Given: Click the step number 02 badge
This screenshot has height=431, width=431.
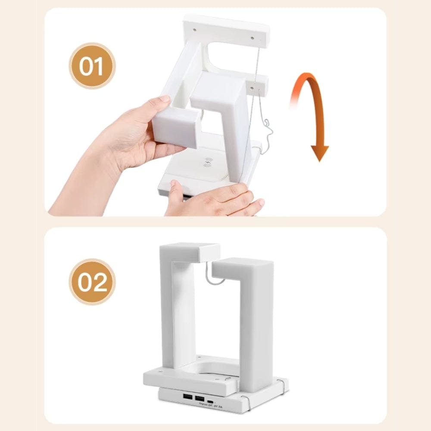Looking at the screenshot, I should click(92, 282).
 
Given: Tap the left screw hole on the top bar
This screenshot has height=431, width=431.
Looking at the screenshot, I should click(195, 30).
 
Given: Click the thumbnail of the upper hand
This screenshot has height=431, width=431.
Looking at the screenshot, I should click(164, 99).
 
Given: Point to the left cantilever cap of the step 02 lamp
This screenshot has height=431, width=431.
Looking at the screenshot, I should click(190, 252).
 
